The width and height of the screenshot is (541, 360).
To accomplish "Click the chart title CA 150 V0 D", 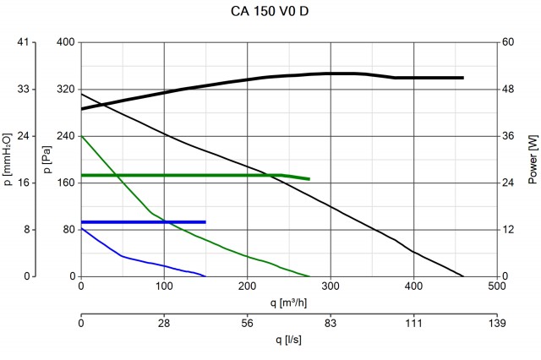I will [270, 11].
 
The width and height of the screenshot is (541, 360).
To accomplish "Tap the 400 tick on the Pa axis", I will [65, 42].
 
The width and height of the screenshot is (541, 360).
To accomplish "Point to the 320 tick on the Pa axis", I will [65, 89].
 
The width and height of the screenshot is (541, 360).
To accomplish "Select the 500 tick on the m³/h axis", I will [496, 286].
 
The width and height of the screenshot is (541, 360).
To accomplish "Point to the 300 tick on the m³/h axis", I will [331, 286].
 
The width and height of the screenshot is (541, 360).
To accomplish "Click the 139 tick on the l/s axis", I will [496, 322].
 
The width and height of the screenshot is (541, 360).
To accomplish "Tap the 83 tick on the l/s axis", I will [331, 322].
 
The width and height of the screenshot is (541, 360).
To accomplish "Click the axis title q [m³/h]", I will [288, 301].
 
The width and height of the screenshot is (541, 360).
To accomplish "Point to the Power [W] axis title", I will [533, 160].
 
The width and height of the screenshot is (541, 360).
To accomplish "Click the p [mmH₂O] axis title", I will [8, 160].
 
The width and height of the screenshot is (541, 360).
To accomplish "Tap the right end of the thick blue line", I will [205, 221].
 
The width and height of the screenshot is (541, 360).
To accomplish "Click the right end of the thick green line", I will [309, 179].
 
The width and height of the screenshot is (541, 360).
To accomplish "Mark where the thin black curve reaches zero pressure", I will [463, 276].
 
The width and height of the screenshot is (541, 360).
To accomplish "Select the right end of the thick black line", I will [463, 78].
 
